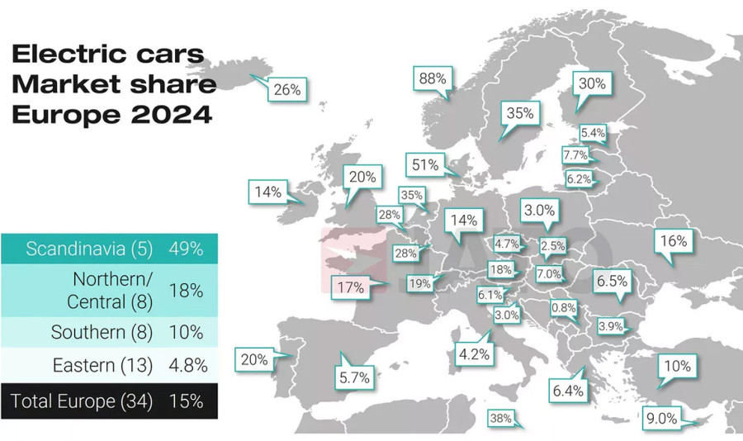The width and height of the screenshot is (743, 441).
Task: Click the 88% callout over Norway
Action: pos(433,79)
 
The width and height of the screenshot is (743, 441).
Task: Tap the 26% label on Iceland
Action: pos(286,89)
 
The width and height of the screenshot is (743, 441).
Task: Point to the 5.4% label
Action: pos(593,132)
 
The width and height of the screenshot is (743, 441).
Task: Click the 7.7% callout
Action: pos(575,154)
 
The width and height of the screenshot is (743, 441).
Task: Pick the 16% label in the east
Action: pos(673,241)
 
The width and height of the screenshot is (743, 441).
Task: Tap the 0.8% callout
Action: pos(564,307)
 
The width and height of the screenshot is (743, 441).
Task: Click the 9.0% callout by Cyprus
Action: pos(661,419)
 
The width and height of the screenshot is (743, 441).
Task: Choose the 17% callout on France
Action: pos(351,288)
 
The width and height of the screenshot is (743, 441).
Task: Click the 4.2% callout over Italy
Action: pos(474,355)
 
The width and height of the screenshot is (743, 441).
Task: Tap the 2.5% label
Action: pos(552,245)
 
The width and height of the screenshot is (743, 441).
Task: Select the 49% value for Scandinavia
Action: pos(186,249)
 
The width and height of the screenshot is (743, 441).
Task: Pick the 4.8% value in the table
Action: pos(186,365)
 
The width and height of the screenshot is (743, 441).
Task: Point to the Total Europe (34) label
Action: pos(82,401)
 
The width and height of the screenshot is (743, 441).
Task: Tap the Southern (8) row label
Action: pos(102,332)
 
